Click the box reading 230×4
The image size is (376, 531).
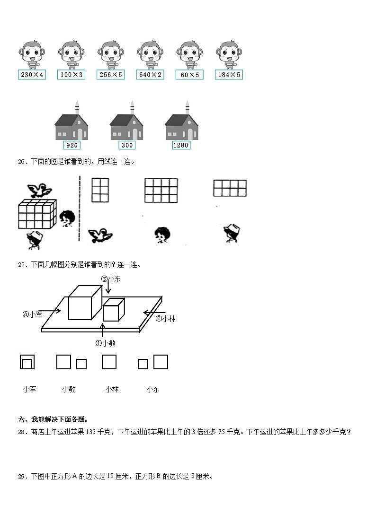pyautogui.click(x=32, y=75)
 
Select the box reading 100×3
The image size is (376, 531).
pyautogui.click(x=71, y=75)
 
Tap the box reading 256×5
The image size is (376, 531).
pyautogui.click(x=110, y=75)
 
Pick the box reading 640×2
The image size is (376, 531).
pyautogui.click(x=150, y=75)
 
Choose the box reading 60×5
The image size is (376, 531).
pyautogui.click(x=189, y=75)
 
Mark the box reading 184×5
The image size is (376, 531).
pyautogui.click(x=229, y=75)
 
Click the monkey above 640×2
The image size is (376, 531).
pyautogui.click(x=150, y=54)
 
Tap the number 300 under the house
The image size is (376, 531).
pyautogui.click(x=126, y=145)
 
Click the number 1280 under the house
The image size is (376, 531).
pyautogui.click(x=181, y=145)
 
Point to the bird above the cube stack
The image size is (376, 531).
pyautogui.click(x=38, y=190)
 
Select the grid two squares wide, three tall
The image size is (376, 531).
pyautogui.click(x=100, y=190)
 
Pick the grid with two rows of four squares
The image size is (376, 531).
pyautogui.click(x=230, y=188)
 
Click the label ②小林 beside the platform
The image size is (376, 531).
pyautogui.click(x=166, y=319)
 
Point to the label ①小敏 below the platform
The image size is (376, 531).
pyautogui.click(x=105, y=343)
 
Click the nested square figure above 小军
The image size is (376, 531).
pyautogui.click(x=27, y=362)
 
